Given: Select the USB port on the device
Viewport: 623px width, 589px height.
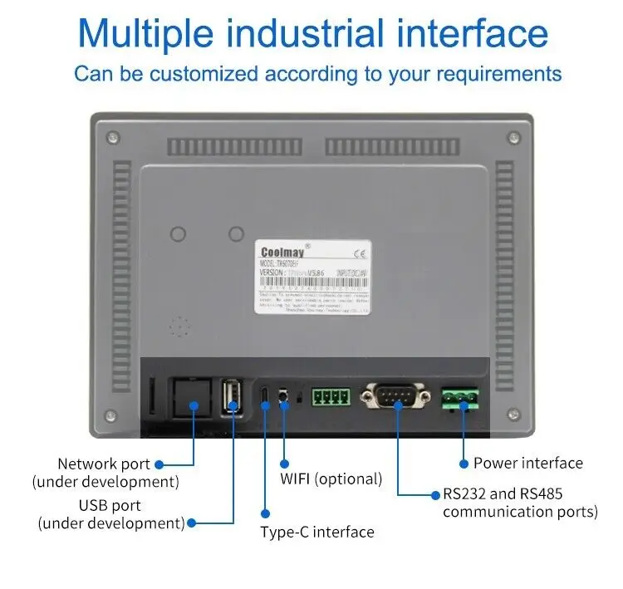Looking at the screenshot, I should pyautogui.click(x=233, y=398).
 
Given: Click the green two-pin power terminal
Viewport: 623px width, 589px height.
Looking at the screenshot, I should pyautogui.click(x=461, y=398).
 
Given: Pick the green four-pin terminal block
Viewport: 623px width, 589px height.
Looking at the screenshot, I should pyautogui.click(x=331, y=395).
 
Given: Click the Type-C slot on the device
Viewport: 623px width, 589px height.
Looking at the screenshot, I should pyautogui.click(x=265, y=398).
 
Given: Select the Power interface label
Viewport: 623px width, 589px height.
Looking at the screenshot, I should pyautogui.click(x=527, y=464).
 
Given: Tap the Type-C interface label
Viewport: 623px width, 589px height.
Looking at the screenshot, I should pyautogui.click(x=317, y=532).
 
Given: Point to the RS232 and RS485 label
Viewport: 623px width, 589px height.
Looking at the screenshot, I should pyautogui.click(x=520, y=503).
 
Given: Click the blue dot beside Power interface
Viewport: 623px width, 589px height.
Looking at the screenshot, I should pyautogui.click(x=462, y=464).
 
